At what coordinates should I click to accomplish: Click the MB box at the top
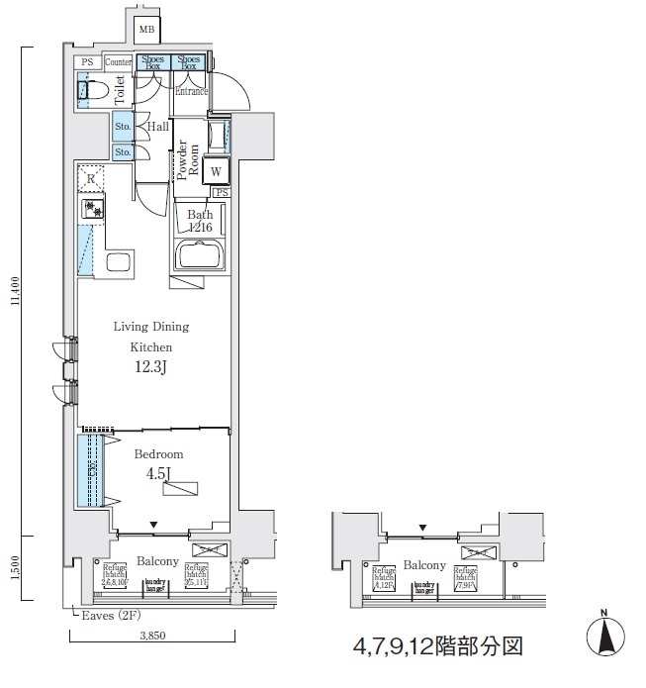pyautogui.click(x=146, y=30)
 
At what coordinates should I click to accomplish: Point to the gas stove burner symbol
pyautogui.click(x=93, y=209)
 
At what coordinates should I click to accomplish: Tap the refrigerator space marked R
pyautogui.click(x=91, y=178)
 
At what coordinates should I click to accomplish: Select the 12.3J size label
pyautogui.click(x=152, y=368)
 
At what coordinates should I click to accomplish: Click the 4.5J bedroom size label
pyautogui.click(x=151, y=472)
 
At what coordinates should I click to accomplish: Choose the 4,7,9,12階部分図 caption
pyautogui.click(x=437, y=647)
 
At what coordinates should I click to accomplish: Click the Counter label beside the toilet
pyautogui.click(x=118, y=62)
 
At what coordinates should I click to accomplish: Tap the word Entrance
pyautogui.click(x=192, y=91)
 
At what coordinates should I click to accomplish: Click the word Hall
pyautogui.click(x=158, y=127)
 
